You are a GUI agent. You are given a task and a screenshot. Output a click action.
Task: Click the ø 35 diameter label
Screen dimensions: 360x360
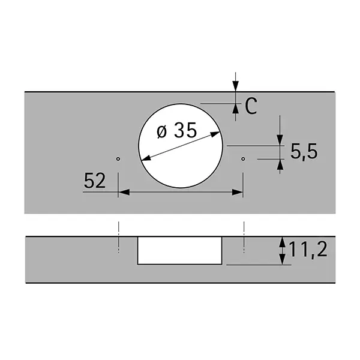[x=177, y=131]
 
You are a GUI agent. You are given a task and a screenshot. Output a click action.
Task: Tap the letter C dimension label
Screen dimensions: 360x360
[x=251, y=106]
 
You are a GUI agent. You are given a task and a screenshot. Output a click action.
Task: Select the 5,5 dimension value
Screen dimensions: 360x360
[x=304, y=152]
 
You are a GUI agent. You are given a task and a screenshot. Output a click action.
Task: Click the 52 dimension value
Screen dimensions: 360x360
[x=95, y=181]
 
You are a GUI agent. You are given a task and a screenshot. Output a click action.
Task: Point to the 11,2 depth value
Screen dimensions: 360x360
[x=308, y=250]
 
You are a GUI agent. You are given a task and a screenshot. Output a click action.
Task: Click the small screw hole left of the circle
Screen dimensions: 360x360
[x=118, y=159]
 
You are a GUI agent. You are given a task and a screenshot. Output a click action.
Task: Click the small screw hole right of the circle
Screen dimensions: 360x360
[x=243, y=158]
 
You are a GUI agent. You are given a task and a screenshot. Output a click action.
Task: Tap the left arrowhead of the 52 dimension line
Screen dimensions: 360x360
[x=124, y=192]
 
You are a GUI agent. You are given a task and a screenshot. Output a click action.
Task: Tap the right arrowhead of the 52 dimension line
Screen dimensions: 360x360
[x=238, y=192]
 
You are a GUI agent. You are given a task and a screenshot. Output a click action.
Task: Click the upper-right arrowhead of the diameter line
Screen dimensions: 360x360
[x=215, y=134]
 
